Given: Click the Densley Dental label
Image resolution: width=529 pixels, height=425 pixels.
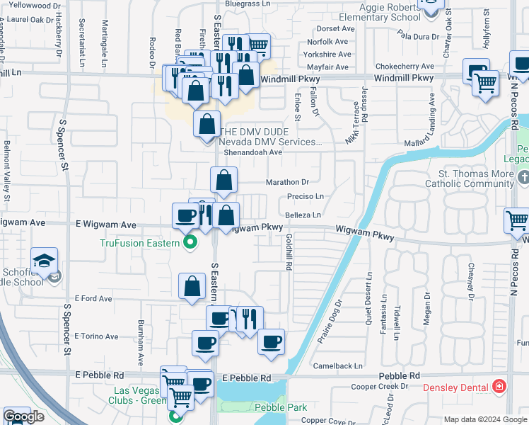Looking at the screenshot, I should click(x=455, y=387).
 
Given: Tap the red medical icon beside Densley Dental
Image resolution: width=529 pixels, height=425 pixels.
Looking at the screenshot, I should click(x=500, y=387).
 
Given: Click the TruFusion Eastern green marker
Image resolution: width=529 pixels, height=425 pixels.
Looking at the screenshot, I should click(x=190, y=244).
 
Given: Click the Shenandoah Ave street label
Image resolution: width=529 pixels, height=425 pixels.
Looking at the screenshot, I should click(x=252, y=152).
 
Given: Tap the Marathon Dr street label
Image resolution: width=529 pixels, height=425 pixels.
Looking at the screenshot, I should click(x=288, y=182).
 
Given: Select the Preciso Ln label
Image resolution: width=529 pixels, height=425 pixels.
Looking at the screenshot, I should click(x=305, y=197).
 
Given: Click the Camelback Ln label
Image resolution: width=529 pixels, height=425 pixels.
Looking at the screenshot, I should click(x=338, y=366).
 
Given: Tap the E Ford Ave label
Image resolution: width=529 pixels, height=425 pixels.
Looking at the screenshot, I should click(x=93, y=299).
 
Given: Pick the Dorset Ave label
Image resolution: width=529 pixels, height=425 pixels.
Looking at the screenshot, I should click(x=335, y=29).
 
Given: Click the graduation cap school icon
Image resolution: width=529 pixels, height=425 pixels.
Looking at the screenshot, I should click(x=44, y=260).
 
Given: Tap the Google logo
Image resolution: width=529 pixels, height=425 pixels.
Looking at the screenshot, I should click(x=23, y=416).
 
